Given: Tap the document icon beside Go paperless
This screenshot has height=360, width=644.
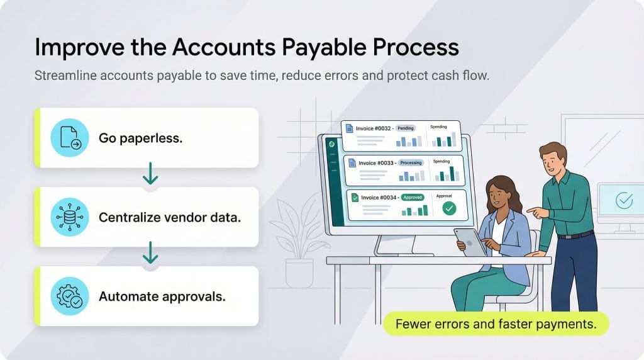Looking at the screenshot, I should [x=70, y=138].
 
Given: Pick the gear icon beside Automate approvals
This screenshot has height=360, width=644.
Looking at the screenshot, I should [x=70, y=296].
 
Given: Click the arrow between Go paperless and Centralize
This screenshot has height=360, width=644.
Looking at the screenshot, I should [x=150, y=174].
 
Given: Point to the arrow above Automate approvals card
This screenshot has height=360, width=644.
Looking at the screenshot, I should [x=150, y=254].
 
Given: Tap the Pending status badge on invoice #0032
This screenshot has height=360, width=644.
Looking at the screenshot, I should [x=406, y=128].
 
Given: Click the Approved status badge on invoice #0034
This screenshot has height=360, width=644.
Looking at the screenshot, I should [x=413, y=197].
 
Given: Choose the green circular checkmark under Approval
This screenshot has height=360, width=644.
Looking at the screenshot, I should [x=448, y=208].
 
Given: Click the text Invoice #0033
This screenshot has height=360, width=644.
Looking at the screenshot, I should [x=376, y=163].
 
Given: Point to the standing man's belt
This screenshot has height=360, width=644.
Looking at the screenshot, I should [x=575, y=235].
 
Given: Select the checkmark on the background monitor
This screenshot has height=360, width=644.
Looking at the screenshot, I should [x=625, y=201].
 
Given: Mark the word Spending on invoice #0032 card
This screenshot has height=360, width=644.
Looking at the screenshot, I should [x=438, y=127].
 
